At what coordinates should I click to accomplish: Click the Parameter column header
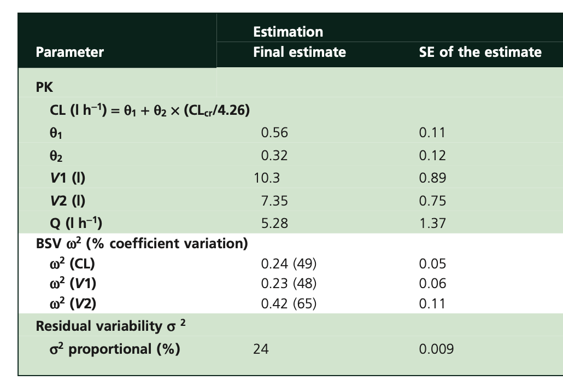tap(69, 52)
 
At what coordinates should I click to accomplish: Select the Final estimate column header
tap(299, 52)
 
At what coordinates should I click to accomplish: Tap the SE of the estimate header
tap(480, 52)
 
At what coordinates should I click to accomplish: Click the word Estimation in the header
tap(288, 32)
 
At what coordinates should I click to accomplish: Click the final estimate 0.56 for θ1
tap(274, 133)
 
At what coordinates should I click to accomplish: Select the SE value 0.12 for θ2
tap(432, 156)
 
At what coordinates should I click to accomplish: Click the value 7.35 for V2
tap(274, 201)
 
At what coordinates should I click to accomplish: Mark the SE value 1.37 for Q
tap(432, 223)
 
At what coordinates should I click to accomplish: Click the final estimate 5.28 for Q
tap(274, 223)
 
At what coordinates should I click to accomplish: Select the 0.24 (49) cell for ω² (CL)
tap(289, 264)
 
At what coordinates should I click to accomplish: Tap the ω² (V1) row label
tap(74, 284)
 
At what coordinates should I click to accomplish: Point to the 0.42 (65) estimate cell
tap(289, 303)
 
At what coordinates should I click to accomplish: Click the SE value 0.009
tap(436, 349)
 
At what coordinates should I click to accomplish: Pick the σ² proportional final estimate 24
tap(261, 349)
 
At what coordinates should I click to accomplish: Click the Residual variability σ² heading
tap(111, 326)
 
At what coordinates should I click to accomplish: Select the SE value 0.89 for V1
tap(432, 178)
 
